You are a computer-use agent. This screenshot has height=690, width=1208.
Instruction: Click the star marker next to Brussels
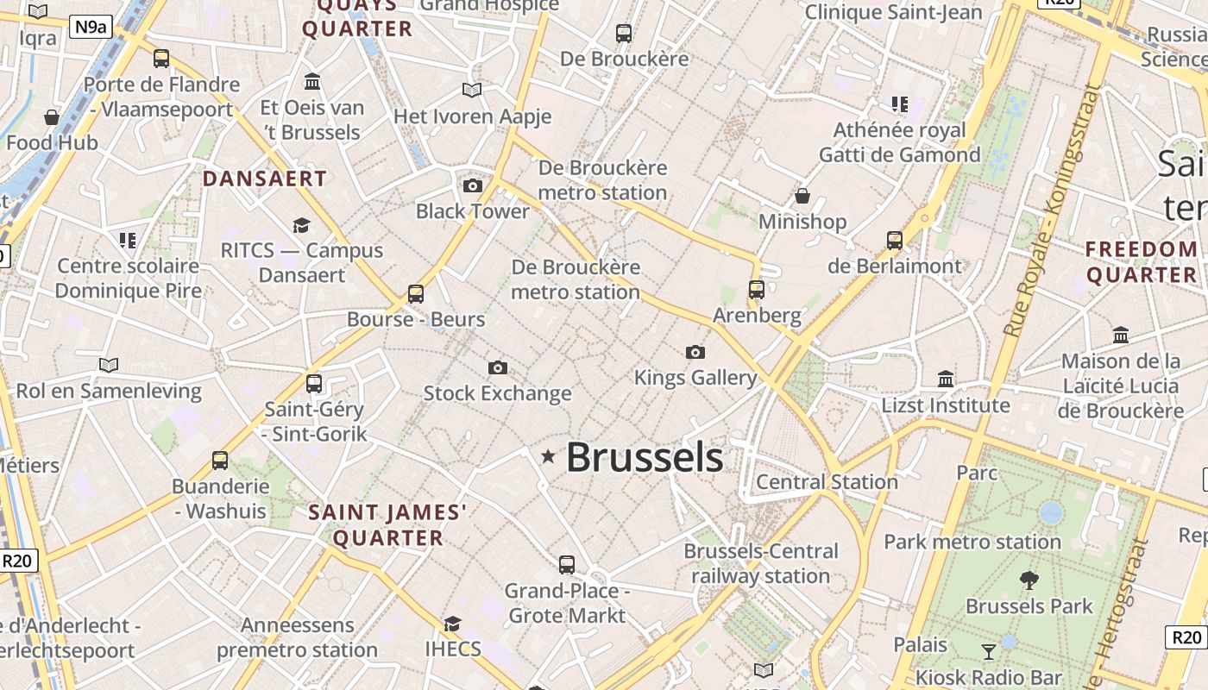[x=548, y=456]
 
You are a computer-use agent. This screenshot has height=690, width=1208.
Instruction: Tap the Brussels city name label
[x=645, y=457]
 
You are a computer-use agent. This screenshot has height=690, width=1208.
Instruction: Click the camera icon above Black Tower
[x=473, y=185]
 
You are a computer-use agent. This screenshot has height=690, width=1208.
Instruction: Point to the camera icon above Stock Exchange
[x=498, y=368]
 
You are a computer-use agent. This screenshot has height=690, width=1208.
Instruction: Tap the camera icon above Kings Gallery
[x=695, y=352]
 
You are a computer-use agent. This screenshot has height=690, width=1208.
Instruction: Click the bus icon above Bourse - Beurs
[x=416, y=293]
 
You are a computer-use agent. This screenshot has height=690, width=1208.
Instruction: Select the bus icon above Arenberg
[x=757, y=290]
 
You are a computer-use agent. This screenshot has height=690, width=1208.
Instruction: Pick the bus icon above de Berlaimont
[x=895, y=240]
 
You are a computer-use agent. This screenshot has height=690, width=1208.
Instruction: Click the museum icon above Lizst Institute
[x=946, y=379]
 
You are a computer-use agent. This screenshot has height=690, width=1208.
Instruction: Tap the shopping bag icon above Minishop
[x=802, y=196]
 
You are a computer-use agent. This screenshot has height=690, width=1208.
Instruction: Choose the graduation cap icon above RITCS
[x=301, y=225]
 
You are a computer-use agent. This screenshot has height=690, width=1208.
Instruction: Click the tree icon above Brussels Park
[x=1029, y=580]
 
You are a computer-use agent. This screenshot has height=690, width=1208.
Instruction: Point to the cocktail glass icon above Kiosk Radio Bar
[x=989, y=651]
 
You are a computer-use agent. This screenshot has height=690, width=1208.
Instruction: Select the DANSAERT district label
[x=265, y=179]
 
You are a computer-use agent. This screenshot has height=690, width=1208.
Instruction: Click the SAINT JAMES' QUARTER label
[x=388, y=525]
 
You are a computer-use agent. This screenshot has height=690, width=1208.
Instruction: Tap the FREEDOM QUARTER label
[x=1142, y=262]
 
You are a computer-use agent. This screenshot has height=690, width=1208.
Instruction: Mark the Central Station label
[x=827, y=482]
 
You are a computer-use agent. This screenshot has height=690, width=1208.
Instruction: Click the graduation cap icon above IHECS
[x=452, y=624]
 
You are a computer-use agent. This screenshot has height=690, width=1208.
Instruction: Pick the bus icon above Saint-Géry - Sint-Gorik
[x=314, y=383]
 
